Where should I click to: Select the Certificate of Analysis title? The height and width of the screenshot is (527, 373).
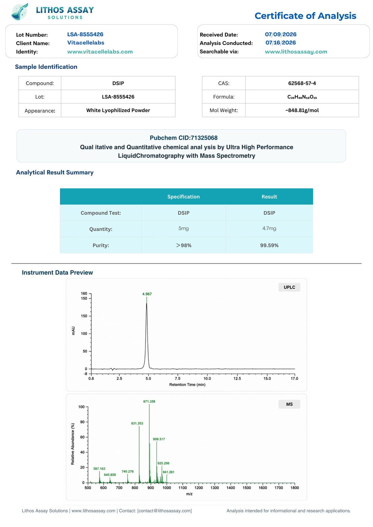coord(305,16)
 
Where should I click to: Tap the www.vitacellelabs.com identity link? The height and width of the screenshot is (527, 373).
coord(100,52)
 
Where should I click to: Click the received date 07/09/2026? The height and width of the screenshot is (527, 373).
coord(280,34)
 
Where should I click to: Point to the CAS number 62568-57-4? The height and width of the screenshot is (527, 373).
coord(302,83)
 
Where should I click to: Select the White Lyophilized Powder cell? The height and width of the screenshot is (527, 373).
coord(118,110)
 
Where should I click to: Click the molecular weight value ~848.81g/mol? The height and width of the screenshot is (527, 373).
coord(302,110)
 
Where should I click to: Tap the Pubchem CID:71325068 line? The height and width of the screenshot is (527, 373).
coord(183,138)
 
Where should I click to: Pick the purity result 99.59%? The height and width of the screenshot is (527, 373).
coord(269,245)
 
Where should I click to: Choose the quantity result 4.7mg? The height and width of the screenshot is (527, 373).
coord(269,229)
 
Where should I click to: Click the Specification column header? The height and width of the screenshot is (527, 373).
coord(183,197)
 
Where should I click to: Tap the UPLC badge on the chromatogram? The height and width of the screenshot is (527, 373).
coord(289,287)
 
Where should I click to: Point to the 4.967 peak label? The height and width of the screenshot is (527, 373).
coord(147,294)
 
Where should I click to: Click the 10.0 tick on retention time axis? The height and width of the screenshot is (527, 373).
coord(207,379)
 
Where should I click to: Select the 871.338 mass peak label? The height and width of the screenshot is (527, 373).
coord(149,401)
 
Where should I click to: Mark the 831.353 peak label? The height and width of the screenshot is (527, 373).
coord(137,423)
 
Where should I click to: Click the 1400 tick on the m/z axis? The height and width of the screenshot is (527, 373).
coord(231,488)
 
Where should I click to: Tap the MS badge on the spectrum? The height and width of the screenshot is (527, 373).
coord(289,404)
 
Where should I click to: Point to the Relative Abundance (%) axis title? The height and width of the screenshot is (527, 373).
coord(72,444)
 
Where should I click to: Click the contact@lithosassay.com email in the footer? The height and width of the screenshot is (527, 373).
coord(165,511)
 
